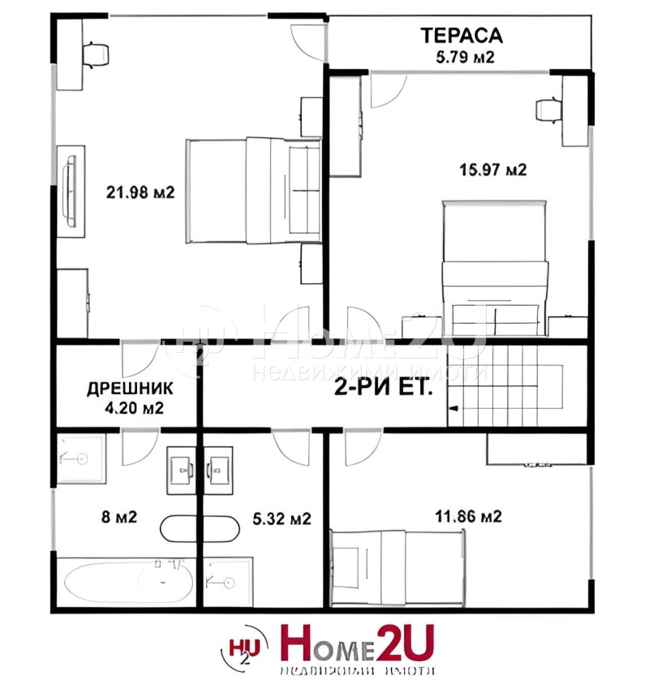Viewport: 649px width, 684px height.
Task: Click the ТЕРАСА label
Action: click(461, 35)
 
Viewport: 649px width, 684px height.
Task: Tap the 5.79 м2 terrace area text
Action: click(461, 58)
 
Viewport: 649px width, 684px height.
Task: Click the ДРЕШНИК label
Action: click(129, 389)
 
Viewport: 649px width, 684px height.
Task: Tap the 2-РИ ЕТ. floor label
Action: click(384, 387)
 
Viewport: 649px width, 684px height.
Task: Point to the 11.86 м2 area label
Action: click(468, 516)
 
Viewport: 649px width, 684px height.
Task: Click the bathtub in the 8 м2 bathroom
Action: click(127, 582)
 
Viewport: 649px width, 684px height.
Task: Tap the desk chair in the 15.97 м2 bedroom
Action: click(547, 108)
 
